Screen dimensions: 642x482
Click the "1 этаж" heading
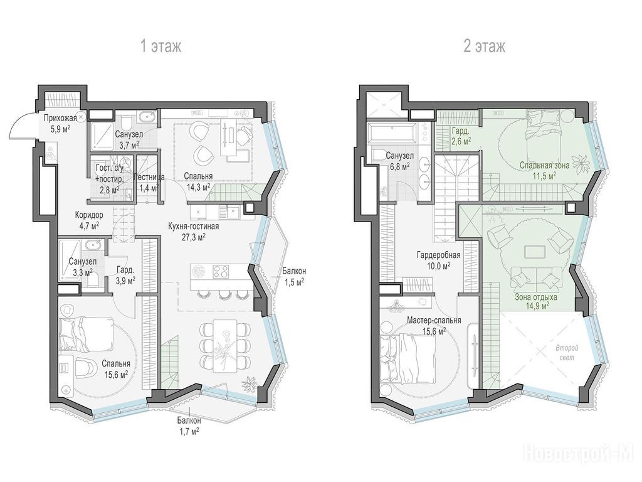pos(160,46)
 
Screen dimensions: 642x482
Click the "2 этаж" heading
pos(485,46)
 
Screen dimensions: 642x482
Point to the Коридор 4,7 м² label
pos(89,220)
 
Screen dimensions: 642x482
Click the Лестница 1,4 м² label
pos(149,183)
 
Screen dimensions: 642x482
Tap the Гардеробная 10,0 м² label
pos(438,260)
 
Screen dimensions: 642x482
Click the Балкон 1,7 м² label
pos(189,426)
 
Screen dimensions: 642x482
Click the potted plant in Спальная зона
pos(580,164)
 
